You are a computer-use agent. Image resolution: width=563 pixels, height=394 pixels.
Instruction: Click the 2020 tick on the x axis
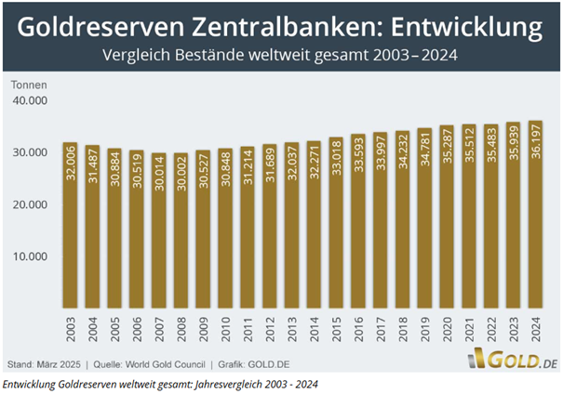tap(449, 330)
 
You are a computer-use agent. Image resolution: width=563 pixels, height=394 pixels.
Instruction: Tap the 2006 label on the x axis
tap(137, 330)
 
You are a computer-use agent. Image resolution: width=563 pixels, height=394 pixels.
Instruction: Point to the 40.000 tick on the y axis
tap(28, 100)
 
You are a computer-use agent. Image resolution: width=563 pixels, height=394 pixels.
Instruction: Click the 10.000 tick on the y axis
tap(28, 256)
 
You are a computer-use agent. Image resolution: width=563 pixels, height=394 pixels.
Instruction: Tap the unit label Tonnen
tap(28, 85)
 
